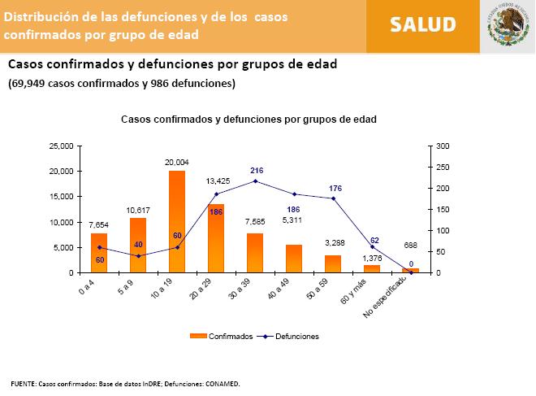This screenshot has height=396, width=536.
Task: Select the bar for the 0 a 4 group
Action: (99, 252)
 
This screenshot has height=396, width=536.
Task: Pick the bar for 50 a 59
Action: (332, 263)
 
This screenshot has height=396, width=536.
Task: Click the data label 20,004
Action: (176, 163)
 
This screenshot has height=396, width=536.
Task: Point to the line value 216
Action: (257, 171)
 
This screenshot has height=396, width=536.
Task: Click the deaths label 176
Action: (335, 189)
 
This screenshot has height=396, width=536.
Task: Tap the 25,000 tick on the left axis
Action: (61, 146)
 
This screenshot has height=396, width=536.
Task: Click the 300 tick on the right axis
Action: (441, 146)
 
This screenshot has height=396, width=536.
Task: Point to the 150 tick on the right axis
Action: (441, 209)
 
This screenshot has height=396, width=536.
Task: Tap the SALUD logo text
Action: (422, 24)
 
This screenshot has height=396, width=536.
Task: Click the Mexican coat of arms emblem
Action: (508, 25)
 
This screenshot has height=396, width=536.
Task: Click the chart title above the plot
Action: (249, 119)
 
